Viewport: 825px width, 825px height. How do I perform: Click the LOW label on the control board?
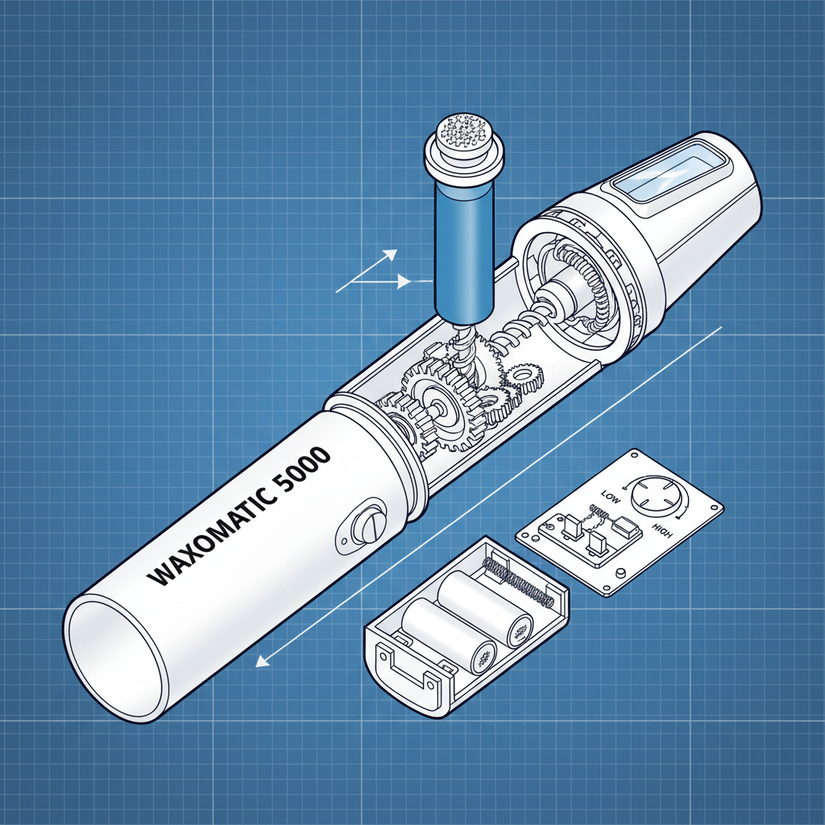coord(611,496)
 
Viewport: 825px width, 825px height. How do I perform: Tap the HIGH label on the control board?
coord(662,531)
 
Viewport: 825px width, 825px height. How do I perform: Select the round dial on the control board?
coord(656,495)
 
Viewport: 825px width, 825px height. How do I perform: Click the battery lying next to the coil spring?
coord(485,607)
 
